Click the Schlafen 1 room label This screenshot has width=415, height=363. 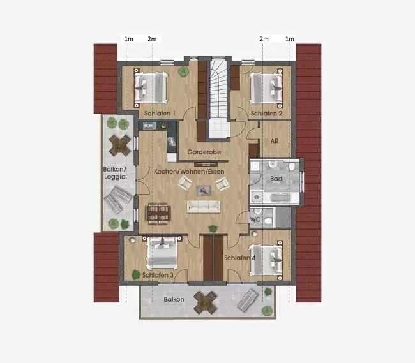click(x=160, y=114)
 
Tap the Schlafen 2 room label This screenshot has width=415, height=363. click(x=266, y=114)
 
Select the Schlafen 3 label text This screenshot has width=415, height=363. click(x=158, y=275)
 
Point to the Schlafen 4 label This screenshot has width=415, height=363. click(x=240, y=258)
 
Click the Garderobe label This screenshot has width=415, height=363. click(x=204, y=152)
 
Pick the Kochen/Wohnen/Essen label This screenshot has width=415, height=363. click(x=189, y=172)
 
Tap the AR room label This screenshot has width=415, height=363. click(x=275, y=141)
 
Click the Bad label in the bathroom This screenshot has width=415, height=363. click(x=276, y=179)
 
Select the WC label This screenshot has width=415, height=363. click(x=255, y=219)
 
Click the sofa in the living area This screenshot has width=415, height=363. click(x=204, y=207)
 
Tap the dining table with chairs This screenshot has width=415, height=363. click(x=158, y=213)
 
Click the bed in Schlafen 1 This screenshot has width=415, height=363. click(x=151, y=88)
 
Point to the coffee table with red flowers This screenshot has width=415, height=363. click(x=204, y=191)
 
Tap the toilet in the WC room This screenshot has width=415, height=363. click(x=268, y=220)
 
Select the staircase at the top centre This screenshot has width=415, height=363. click(x=219, y=99)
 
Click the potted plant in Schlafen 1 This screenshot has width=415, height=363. click(x=183, y=71)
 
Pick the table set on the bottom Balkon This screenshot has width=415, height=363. click(x=206, y=303)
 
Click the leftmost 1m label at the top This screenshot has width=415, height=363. click(x=128, y=39)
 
